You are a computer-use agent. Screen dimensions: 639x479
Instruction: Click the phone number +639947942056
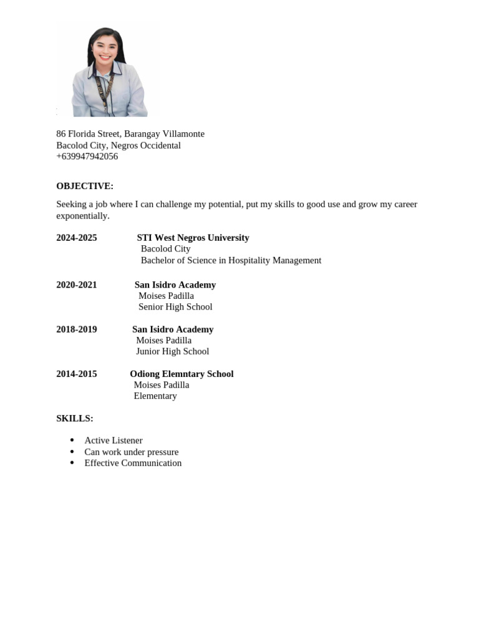click(87, 157)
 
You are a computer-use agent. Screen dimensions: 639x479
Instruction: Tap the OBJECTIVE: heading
click(85, 186)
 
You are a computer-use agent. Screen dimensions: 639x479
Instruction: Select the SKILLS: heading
click(75, 418)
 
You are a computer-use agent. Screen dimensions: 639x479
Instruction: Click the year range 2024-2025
click(77, 238)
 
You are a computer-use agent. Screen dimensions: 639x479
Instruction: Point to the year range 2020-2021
click(77, 285)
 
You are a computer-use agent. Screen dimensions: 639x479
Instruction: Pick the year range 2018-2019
click(77, 329)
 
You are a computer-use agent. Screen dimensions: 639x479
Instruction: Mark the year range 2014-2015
click(77, 374)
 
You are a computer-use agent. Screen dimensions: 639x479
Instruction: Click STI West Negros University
click(193, 238)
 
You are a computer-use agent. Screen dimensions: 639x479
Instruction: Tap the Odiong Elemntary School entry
click(181, 374)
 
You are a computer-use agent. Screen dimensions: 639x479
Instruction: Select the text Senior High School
click(175, 307)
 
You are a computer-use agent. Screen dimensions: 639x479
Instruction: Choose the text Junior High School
click(173, 351)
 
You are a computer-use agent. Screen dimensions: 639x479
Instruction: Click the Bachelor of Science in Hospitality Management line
click(231, 260)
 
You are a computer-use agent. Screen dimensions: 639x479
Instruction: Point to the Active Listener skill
click(114, 441)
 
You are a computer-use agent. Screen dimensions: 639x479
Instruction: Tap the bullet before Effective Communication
click(72, 463)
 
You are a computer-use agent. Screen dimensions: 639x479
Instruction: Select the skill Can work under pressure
click(132, 452)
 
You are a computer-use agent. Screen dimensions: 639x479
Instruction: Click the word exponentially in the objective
click(82, 216)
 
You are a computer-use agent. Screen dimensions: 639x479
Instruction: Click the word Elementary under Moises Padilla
click(155, 396)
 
